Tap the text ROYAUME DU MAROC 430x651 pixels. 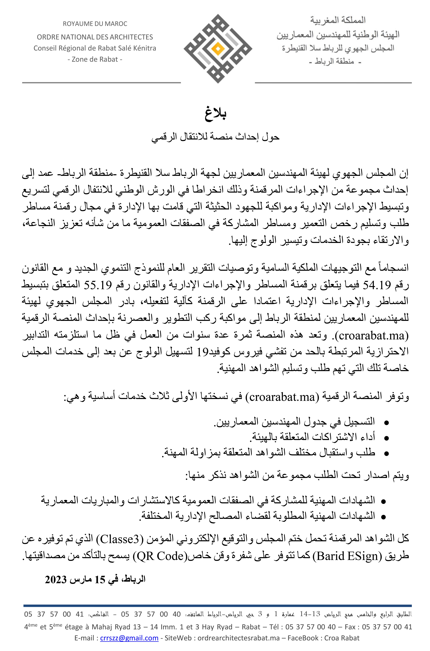tap(95, 24)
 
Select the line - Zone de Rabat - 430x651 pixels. tap(95, 59)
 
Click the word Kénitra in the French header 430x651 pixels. tap(144, 48)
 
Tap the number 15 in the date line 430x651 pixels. tap(100, 580)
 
